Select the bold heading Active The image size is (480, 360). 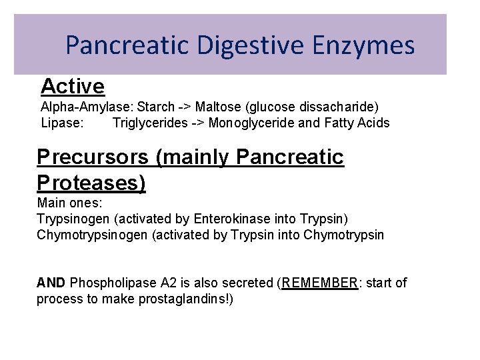point(73,86)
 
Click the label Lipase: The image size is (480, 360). point(63,123)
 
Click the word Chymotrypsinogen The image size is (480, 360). point(92,235)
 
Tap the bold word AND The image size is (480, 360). point(51,283)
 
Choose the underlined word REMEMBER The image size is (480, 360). point(320,283)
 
